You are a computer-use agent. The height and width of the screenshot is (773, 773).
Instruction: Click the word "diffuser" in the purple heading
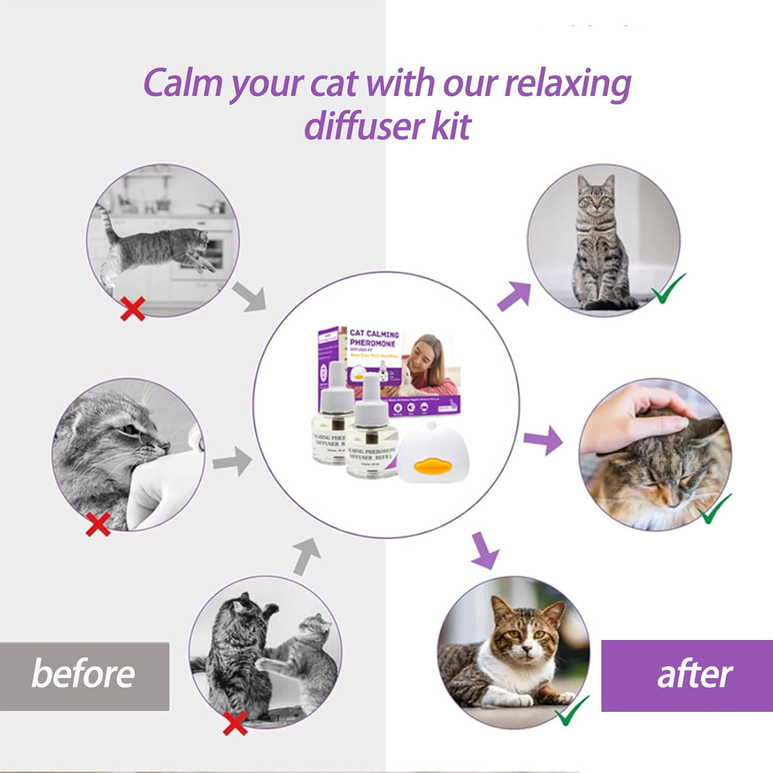tap(363, 125)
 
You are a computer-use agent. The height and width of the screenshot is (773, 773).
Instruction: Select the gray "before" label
tap(83, 675)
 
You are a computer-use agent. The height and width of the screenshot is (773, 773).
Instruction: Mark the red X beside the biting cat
tap(98, 524)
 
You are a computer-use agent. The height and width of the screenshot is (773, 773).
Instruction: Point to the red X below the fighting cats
tap(235, 723)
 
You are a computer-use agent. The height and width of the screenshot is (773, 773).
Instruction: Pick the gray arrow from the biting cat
tap(232, 461)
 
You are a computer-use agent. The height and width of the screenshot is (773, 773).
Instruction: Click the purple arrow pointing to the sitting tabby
tap(515, 296)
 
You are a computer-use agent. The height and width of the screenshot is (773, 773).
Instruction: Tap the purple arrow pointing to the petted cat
tap(544, 440)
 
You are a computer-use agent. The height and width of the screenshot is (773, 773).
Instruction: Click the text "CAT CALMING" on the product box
tap(374, 333)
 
